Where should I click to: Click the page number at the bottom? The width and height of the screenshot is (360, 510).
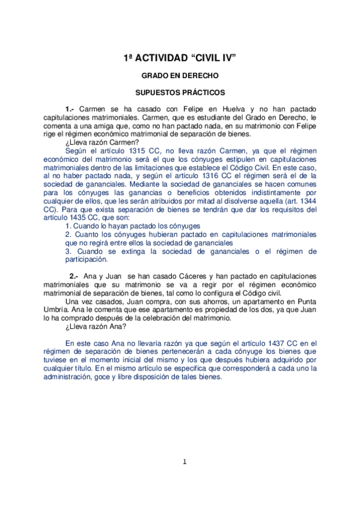point(185,461)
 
